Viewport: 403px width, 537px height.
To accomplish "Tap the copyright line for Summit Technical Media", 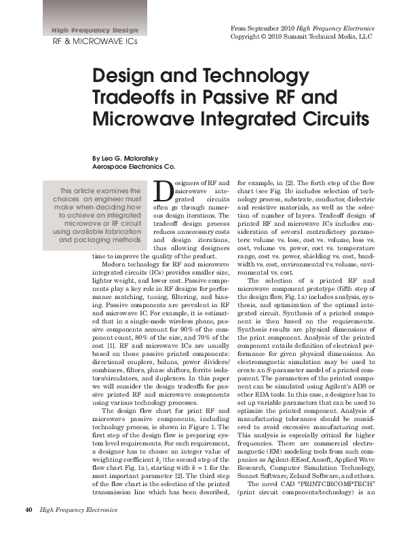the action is coord(301,36).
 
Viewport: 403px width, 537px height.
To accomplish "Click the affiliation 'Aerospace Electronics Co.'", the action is coord(134,166).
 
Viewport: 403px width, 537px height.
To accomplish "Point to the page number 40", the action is coord(28,509).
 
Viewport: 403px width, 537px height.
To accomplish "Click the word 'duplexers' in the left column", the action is coord(161,378).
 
